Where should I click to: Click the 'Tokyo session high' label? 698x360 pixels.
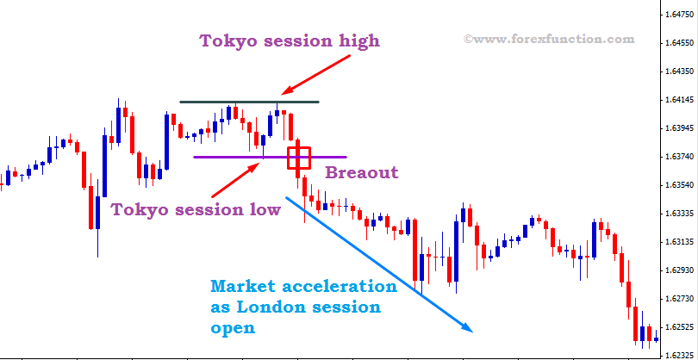(x=290, y=41)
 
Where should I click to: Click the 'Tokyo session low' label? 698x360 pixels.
(x=196, y=209)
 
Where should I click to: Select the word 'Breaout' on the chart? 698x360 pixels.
(x=362, y=172)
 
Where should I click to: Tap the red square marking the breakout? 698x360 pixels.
(x=299, y=158)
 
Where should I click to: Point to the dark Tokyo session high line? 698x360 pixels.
(x=215, y=102)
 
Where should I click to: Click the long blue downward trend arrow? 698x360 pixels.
(x=379, y=263)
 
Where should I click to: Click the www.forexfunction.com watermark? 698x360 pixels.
(x=549, y=39)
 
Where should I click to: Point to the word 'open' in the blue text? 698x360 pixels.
(x=233, y=328)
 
